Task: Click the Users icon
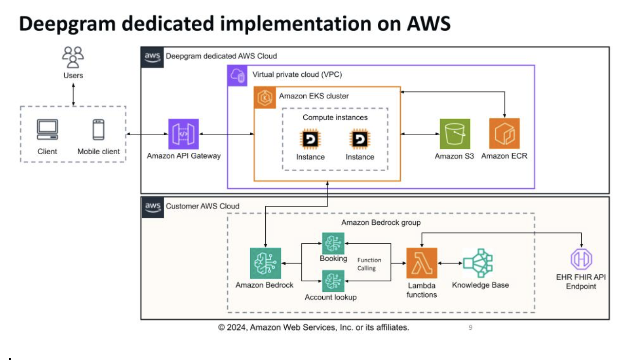coord(73,56)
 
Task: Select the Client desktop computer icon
coord(47,129)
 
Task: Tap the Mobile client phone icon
coord(99,129)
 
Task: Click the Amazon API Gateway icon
coord(184,133)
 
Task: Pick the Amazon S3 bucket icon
coord(455,133)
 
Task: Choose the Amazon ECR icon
coord(504,133)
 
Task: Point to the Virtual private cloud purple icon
coord(239,75)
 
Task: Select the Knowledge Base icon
coord(478,263)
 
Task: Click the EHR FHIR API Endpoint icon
coord(581,259)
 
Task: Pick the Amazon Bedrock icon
coord(265,263)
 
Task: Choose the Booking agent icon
coord(333,243)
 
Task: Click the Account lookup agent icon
coord(333,281)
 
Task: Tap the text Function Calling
coord(369,264)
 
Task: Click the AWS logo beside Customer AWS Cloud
coord(153,206)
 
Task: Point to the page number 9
coord(470,327)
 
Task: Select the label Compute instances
coord(335,117)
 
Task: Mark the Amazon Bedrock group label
coord(381,222)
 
